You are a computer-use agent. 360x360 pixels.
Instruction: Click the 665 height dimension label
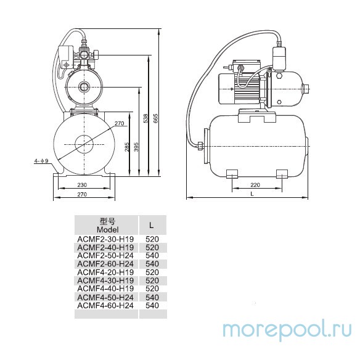[x=156, y=119]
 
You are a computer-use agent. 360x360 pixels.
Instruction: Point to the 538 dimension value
[x=145, y=119]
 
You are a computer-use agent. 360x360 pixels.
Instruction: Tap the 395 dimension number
[x=136, y=147]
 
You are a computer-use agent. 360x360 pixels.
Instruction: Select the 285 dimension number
[x=127, y=147]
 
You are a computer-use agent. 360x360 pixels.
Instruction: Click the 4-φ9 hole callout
[x=41, y=161]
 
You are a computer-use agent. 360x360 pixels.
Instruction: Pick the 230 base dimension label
[x=82, y=184]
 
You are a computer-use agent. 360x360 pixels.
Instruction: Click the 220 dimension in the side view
[x=255, y=184]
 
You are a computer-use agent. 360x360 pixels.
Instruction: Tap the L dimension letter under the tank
[x=252, y=194]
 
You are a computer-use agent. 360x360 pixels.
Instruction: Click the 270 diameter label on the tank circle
[x=119, y=123]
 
